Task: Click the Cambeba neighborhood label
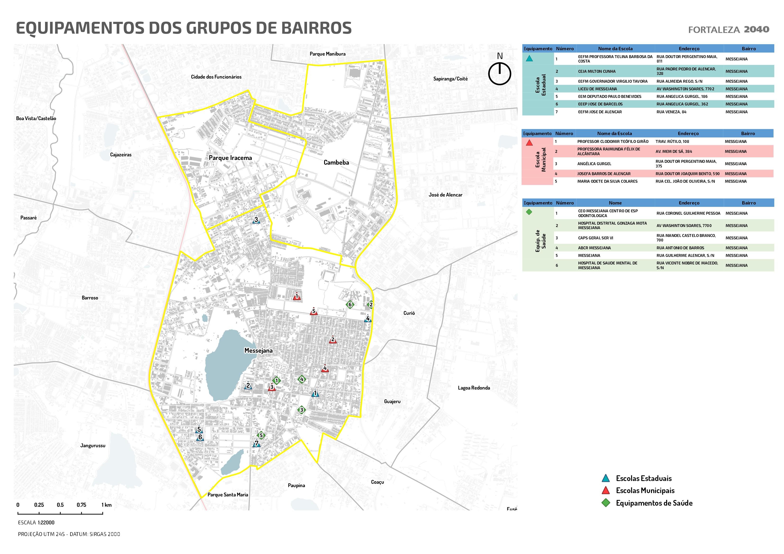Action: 336,163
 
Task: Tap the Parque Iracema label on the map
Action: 230,158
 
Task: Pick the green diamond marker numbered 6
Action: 349,304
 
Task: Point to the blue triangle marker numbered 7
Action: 257,444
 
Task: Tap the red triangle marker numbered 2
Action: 333,340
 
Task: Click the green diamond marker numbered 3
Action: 301,410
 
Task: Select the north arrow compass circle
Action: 499,73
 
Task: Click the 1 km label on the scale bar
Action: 106,505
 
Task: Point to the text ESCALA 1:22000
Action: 36,522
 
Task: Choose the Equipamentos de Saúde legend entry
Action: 654,503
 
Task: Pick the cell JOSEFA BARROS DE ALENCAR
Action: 604,174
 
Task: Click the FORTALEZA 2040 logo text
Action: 728,30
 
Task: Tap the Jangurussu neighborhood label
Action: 93,445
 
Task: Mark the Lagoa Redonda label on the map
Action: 474,388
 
